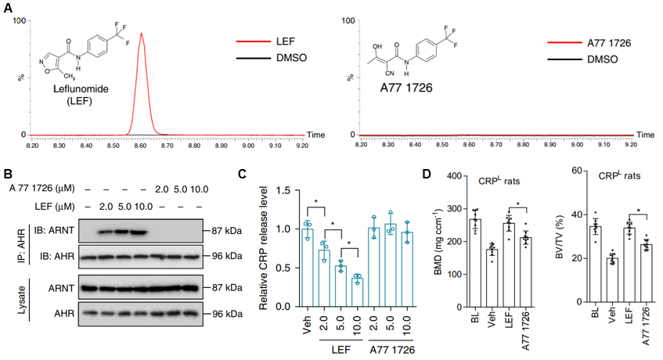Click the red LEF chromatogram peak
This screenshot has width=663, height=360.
[142, 78]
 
